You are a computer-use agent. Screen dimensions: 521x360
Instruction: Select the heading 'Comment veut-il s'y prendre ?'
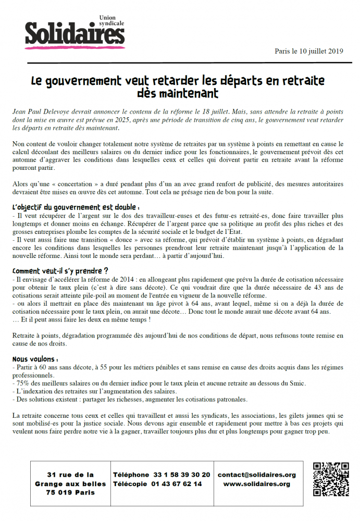point(60,271)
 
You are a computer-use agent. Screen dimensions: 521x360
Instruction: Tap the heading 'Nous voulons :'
point(35,359)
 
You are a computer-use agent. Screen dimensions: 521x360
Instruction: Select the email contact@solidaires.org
point(257,475)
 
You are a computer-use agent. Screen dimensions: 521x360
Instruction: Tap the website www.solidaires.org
point(257,484)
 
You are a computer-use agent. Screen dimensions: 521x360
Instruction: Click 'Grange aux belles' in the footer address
point(70,484)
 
